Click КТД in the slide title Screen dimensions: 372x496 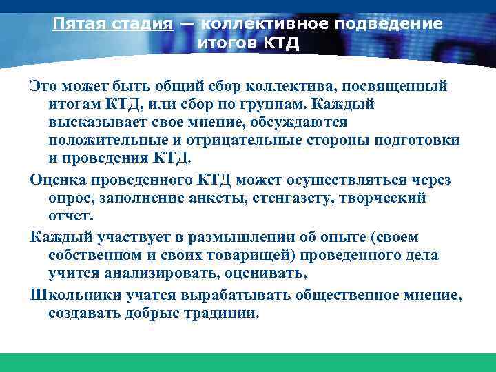pos(281,45)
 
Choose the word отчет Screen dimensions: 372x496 pos(70,216)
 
